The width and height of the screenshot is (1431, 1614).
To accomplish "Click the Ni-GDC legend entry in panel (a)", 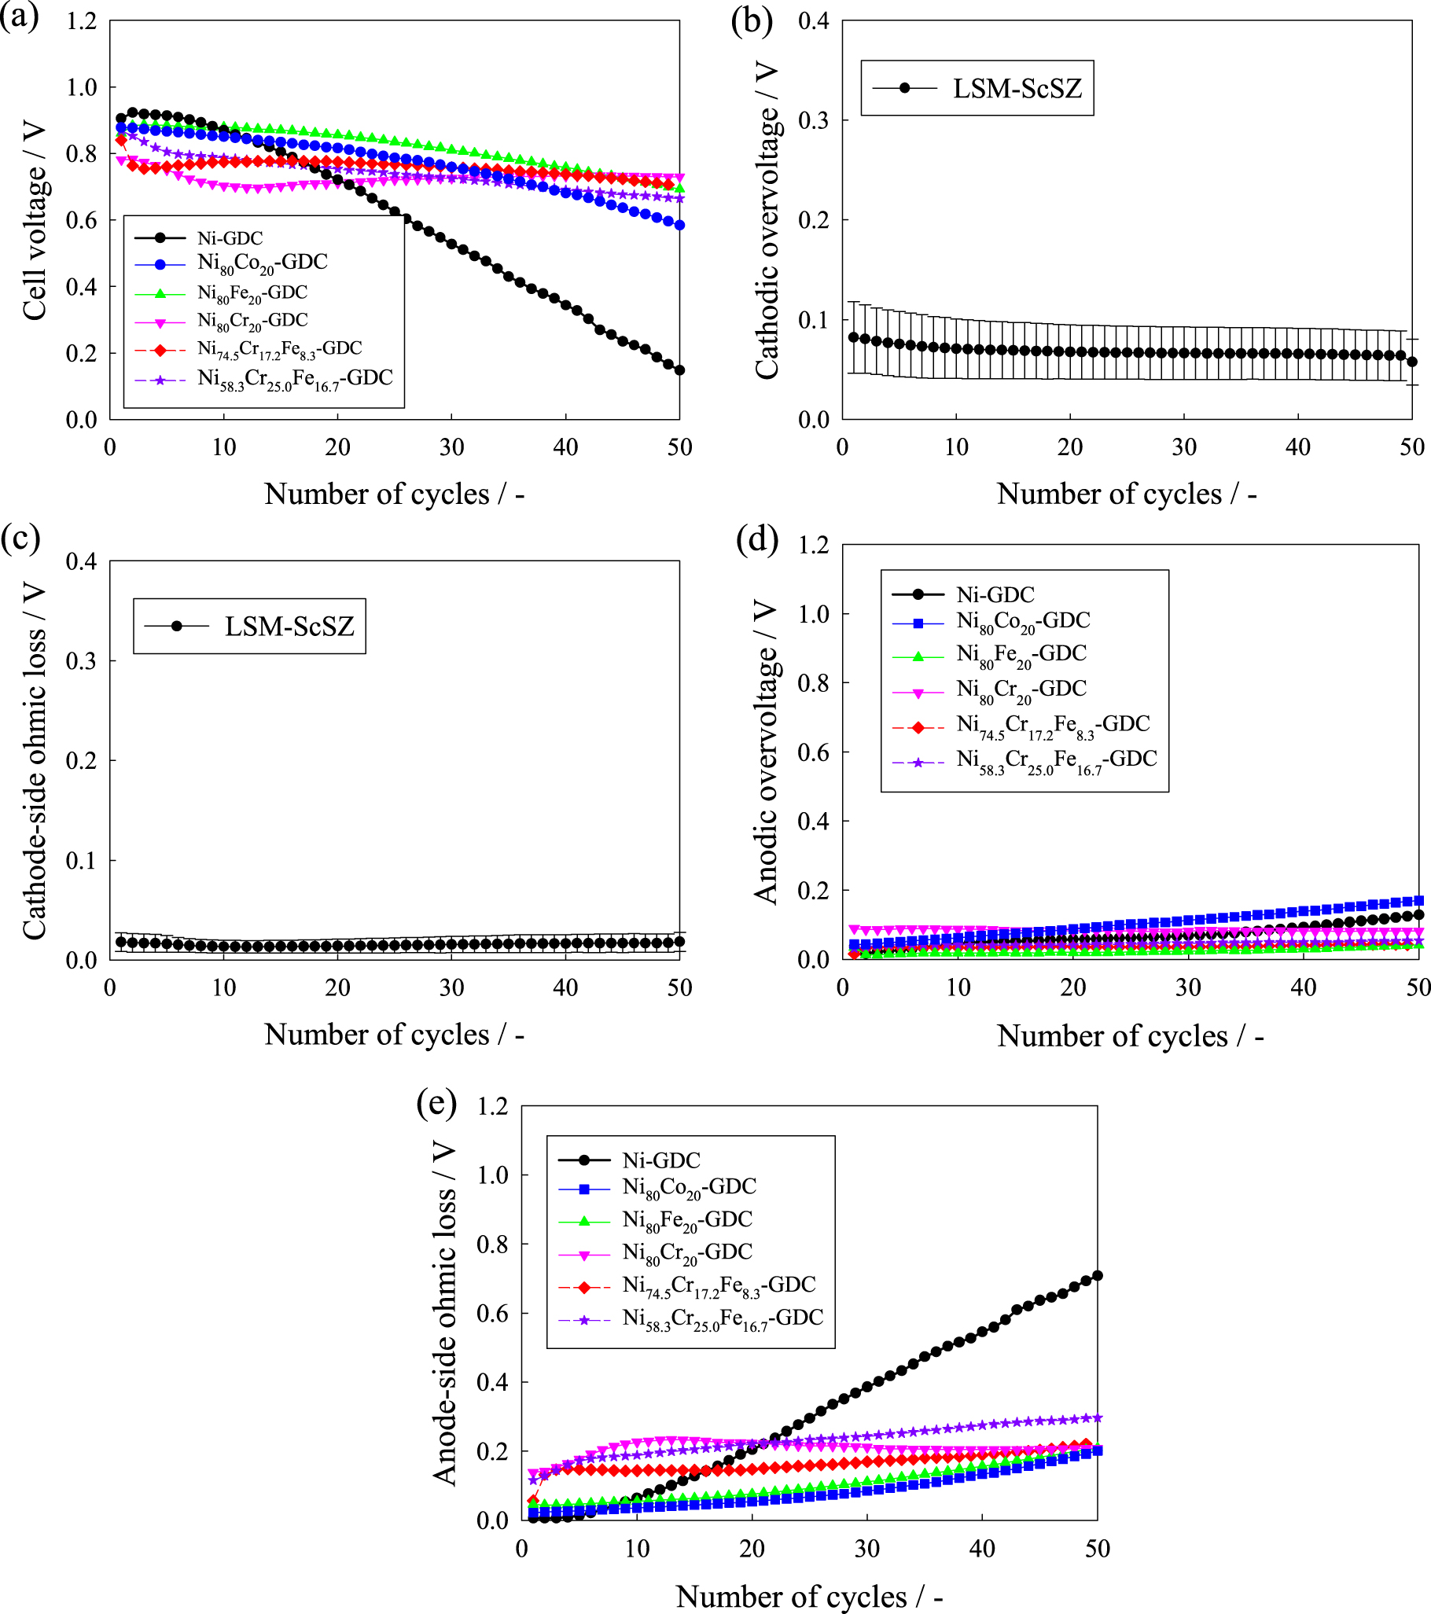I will point(230,237).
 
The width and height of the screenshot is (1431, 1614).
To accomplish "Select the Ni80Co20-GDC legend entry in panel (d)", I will point(1023,621).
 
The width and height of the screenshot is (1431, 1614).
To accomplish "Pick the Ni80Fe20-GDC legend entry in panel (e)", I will point(686,1220).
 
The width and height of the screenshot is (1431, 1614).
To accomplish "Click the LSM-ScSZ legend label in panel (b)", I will point(1017,88).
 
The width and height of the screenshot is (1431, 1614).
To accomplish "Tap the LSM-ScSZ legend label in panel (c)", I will point(289,626).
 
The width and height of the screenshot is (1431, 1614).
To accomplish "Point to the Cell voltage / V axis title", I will point(34,221).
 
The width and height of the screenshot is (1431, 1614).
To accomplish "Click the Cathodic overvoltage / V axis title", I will point(766,221).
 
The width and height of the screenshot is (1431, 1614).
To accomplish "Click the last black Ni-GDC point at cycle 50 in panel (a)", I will point(679,369).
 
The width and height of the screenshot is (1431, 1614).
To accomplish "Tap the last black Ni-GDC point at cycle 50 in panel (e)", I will point(1097,1275).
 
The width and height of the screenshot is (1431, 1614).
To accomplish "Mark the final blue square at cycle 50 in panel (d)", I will point(1418,900).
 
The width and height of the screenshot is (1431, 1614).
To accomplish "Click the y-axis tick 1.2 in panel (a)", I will point(81,21).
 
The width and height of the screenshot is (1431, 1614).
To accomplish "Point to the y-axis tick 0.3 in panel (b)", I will point(813,120).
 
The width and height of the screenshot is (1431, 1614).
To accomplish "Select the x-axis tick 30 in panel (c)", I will point(451,988).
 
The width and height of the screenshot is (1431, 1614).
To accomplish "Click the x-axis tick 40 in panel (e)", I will point(981,1549).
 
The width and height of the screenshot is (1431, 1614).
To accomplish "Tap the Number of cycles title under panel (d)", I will point(1129,1036).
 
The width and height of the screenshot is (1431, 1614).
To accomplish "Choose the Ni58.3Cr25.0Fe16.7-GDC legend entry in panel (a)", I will point(295,380).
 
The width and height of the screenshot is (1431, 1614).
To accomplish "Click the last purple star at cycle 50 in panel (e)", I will point(1096,1417).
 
